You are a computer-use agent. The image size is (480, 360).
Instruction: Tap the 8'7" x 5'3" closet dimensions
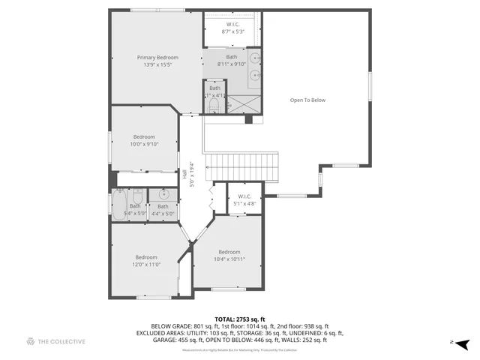[x=233, y=31]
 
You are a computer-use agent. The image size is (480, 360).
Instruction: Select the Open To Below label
[x=308, y=100]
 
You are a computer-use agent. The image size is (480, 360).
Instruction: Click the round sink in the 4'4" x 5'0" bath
[x=163, y=194]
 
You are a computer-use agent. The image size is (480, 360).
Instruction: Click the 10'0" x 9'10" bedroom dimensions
[x=144, y=144]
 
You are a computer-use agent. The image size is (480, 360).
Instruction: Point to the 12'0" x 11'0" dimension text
[x=146, y=264]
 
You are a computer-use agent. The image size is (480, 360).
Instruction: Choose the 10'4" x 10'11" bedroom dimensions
[x=229, y=259]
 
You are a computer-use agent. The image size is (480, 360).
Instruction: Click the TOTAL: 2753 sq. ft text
[x=239, y=319]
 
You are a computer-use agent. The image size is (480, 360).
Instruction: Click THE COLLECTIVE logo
[x=56, y=341]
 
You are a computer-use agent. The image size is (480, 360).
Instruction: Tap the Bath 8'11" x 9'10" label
[x=232, y=61]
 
